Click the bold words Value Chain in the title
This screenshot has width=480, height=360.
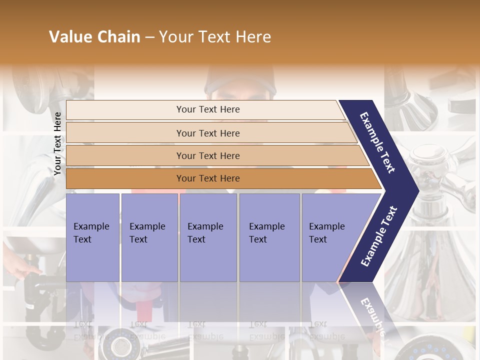point(94,37)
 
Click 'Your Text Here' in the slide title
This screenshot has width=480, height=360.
point(215,37)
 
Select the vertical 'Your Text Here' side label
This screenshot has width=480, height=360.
point(57,143)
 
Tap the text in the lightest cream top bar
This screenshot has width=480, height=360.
point(208,109)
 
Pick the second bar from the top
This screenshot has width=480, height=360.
point(208,133)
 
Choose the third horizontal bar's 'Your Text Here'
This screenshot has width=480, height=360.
point(208,155)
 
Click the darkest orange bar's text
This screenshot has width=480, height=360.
point(208,178)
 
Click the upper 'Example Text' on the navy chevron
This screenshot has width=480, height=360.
point(377,142)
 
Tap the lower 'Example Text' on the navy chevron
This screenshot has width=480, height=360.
point(379,236)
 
